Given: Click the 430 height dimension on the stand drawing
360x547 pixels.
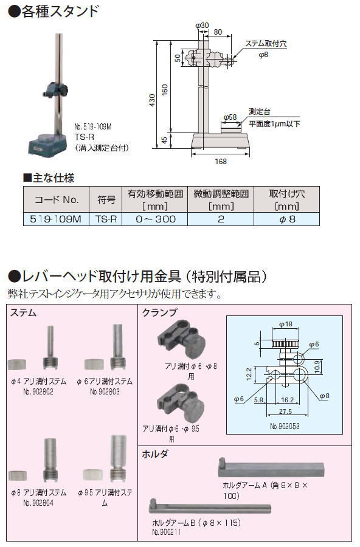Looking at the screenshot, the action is pos(152,100).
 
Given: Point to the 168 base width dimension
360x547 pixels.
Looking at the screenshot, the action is pos(221,162).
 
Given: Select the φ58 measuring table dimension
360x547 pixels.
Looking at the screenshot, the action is pos(230,117).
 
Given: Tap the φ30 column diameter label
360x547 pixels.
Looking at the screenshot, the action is pos(202,26).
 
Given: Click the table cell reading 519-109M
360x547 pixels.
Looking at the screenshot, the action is pos(56,219).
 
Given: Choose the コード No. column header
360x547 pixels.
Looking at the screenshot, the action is pos(56,199).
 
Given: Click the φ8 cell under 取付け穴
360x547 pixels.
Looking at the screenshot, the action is pos(286,219).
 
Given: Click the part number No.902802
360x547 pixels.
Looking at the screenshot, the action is pos(38,391).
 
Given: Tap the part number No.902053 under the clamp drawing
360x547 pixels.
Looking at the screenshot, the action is pos(285,426).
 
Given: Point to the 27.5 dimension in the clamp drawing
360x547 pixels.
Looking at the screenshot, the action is pos(285,411).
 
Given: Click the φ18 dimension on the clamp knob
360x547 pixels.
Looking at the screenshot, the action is pos(286,324).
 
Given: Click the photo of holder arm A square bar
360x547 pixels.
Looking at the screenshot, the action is pos(271,468).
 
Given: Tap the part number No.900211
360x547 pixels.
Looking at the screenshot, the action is pos(167,532).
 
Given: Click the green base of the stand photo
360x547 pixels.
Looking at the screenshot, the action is pos(47,143).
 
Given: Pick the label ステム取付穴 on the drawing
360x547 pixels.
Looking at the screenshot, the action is pos(265,44).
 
